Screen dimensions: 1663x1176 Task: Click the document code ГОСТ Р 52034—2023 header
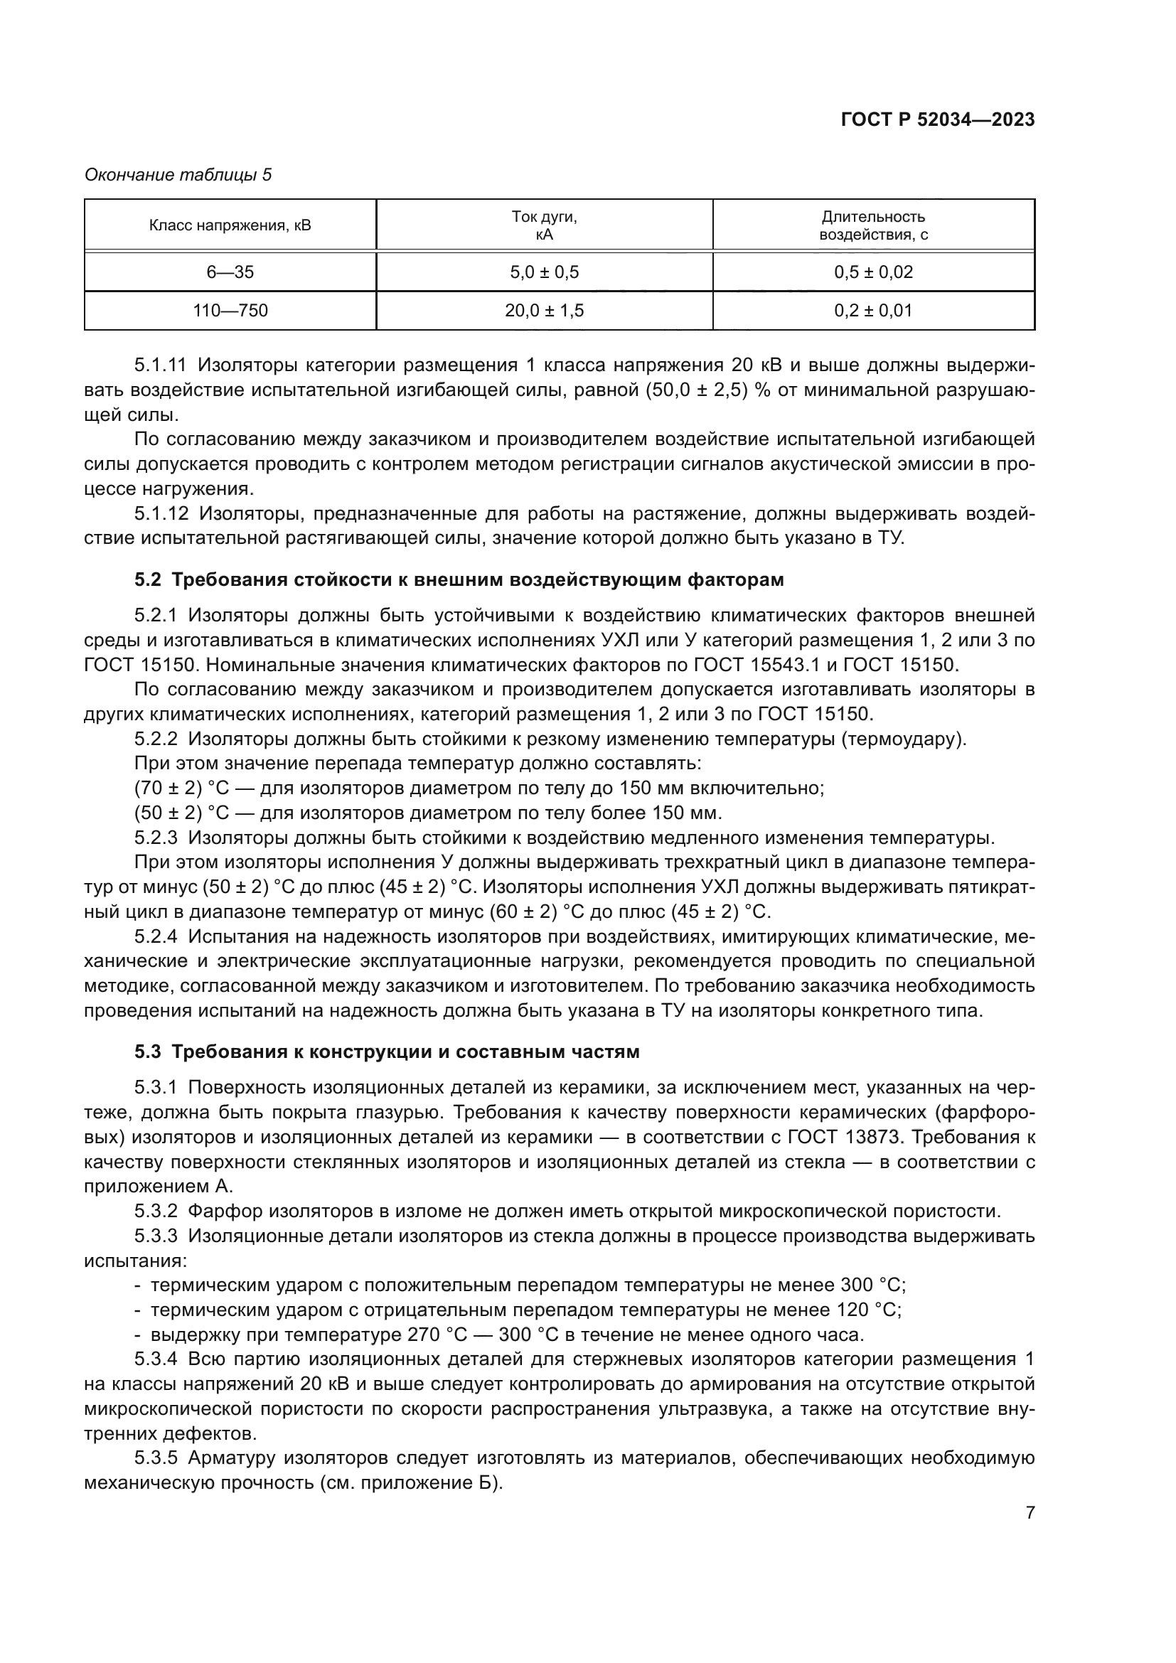coord(937,120)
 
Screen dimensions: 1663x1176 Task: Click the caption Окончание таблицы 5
coord(178,175)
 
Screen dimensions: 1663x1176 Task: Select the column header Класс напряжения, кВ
coord(230,225)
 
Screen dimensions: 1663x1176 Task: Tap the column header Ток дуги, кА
coord(544,225)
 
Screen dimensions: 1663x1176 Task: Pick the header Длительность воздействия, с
coord(873,225)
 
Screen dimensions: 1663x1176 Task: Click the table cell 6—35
coord(230,272)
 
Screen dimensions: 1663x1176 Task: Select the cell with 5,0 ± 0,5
coord(544,272)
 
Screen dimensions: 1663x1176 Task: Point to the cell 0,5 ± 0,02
coord(873,272)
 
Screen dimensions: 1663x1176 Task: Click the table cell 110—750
coord(230,311)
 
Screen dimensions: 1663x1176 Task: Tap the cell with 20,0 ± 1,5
coord(544,311)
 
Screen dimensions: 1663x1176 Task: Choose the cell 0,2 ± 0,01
coord(873,311)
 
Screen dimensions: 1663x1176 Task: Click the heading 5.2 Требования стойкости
coord(459,580)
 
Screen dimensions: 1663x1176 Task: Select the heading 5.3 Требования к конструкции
coord(387,1052)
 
